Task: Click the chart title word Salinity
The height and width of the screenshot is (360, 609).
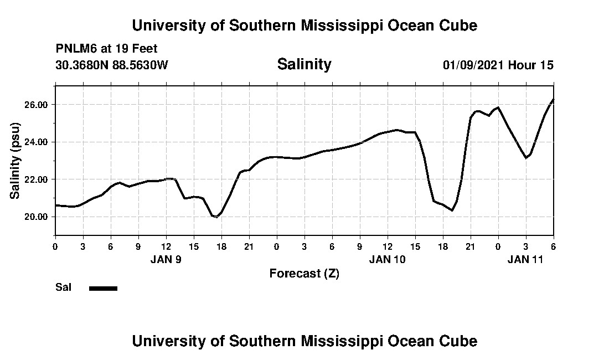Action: coord(304,64)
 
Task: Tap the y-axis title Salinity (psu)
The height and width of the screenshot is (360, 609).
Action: coord(16,161)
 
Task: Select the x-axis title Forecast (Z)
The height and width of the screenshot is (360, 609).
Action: coord(304,273)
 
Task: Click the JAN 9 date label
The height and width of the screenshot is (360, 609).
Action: coord(166,259)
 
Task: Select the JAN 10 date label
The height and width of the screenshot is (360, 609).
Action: coord(388,259)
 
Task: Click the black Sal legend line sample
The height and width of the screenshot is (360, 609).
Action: coord(103,288)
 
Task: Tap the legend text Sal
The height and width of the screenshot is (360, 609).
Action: coord(63,287)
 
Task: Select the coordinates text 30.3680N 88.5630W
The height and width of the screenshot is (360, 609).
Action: coord(112,65)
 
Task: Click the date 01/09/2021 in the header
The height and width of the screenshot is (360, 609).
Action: coord(473,65)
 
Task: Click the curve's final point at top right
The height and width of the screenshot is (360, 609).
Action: coord(553,100)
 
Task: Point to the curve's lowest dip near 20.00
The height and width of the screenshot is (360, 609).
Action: coord(216,217)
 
